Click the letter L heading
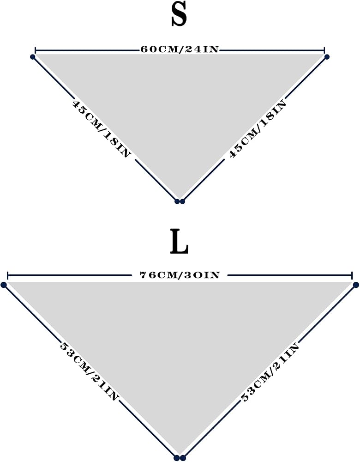pyautogui.click(x=179, y=242)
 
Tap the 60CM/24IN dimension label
pyautogui.click(x=180, y=49)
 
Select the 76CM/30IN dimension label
pyautogui.click(x=180, y=275)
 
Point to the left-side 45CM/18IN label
pyautogui.click(x=101, y=129)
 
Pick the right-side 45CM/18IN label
pyautogui.click(x=258, y=129)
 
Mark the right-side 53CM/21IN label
pyautogui.click(x=270, y=372)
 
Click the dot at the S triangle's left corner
pyautogui.click(x=33, y=57)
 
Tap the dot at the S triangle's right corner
pyautogui.click(x=326, y=56)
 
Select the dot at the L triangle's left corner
pyautogui.click(x=4, y=285)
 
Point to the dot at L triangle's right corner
pyautogui.click(x=356, y=285)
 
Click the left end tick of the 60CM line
pyautogui.click(x=36, y=50)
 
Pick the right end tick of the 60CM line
pyautogui.click(x=324, y=50)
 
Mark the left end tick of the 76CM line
pyautogui.click(x=7, y=276)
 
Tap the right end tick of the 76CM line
pyautogui.click(x=352, y=276)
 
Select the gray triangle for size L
pyautogui.click(x=180, y=339)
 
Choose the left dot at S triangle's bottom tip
pyautogui.click(x=177, y=201)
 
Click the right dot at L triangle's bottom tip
pyautogui.click(x=183, y=458)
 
